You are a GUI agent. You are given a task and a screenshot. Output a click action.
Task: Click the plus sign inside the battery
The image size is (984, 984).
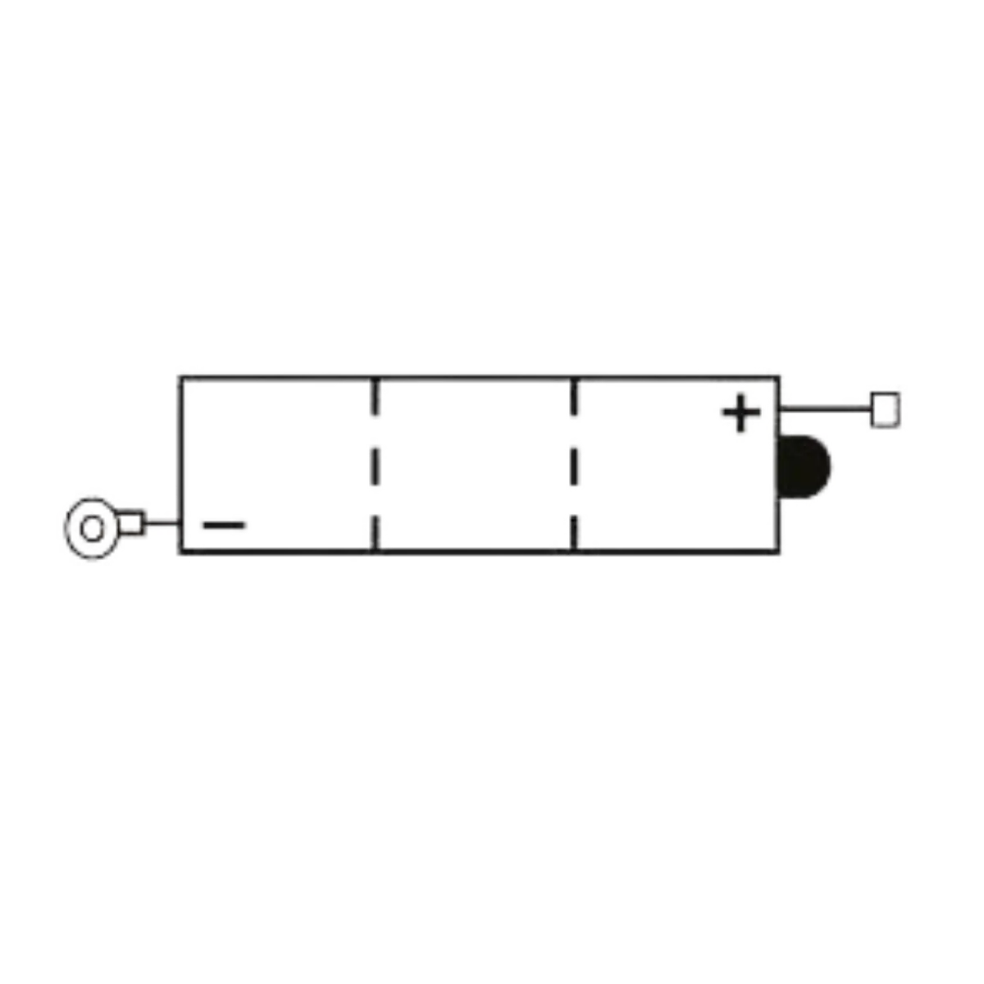pos(741,412)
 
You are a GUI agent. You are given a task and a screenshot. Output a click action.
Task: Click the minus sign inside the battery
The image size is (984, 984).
pos(224,525)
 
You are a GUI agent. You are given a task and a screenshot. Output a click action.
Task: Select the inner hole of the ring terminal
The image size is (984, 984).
pos(93,528)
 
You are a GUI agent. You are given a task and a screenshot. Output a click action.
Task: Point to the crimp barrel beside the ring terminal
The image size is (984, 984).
pos(131,523)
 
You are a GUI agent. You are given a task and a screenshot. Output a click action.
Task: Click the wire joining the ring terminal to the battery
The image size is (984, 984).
pos(162,522)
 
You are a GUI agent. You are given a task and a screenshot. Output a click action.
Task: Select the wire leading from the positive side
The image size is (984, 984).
pos(825,408)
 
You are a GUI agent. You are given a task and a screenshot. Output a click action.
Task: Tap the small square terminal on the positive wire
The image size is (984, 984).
pos(886,409)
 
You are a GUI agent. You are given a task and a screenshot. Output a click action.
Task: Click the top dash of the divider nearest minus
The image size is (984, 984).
pos(376,396)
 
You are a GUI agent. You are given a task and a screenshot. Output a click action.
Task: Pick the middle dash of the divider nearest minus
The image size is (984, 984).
pos(376,467)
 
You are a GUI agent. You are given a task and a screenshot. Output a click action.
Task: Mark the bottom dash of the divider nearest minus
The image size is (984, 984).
pos(376,533)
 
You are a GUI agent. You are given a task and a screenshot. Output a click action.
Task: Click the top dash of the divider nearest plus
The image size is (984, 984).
pos(574,396)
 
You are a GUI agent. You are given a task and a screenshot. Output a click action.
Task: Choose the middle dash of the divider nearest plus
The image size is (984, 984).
pos(574,467)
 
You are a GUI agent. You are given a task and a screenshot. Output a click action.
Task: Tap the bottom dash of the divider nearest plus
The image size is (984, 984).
pos(574,533)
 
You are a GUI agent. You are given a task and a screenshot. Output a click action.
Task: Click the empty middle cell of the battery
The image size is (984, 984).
pos(475,465)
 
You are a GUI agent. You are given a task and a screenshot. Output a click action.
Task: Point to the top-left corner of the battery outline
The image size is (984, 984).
pos(180,377)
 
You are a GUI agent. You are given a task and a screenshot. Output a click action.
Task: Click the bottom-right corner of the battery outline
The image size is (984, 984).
pos(778,552)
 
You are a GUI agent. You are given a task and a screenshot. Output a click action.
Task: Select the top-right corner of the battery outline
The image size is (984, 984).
pos(778,377)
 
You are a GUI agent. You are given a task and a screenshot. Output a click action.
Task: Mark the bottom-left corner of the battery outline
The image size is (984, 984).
pos(180,552)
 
